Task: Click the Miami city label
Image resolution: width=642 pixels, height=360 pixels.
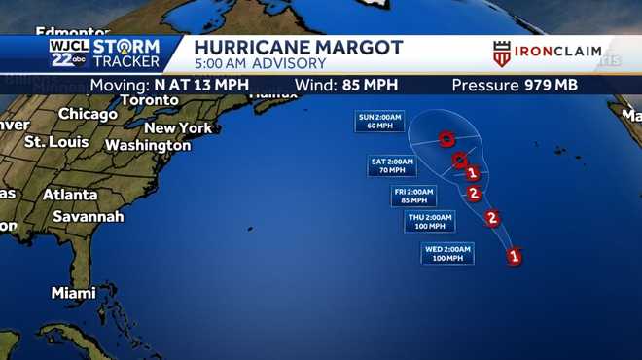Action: (x=74, y=293)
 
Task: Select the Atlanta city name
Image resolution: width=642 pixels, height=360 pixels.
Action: (x=70, y=195)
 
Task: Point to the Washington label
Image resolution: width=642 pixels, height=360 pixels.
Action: (x=148, y=145)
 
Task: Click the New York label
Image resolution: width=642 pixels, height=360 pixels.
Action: (x=178, y=127)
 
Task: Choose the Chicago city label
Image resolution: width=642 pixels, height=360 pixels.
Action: (x=88, y=114)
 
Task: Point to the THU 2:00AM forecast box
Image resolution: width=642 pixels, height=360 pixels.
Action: (x=429, y=221)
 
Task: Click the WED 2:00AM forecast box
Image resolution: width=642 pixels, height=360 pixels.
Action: (x=447, y=254)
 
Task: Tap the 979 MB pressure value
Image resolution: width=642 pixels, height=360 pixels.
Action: (x=552, y=85)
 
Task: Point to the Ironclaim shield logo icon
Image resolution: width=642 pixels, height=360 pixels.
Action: (x=502, y=54)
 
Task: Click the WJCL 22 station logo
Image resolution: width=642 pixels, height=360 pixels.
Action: (x=69, y=54)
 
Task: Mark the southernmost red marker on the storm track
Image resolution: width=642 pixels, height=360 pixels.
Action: (x=515, y=257)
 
